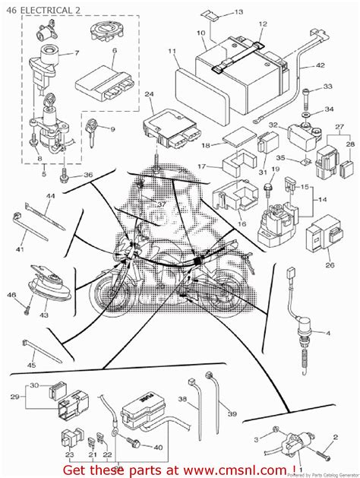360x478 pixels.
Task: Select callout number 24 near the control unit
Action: [x=149, y=95]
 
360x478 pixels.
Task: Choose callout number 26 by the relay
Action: [x=330, y=265]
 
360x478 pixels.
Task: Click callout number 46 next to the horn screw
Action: [x=11, y=294]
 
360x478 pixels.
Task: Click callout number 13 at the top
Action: [x=238, y=12]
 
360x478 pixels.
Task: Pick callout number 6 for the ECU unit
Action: [x=114, y=51]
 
